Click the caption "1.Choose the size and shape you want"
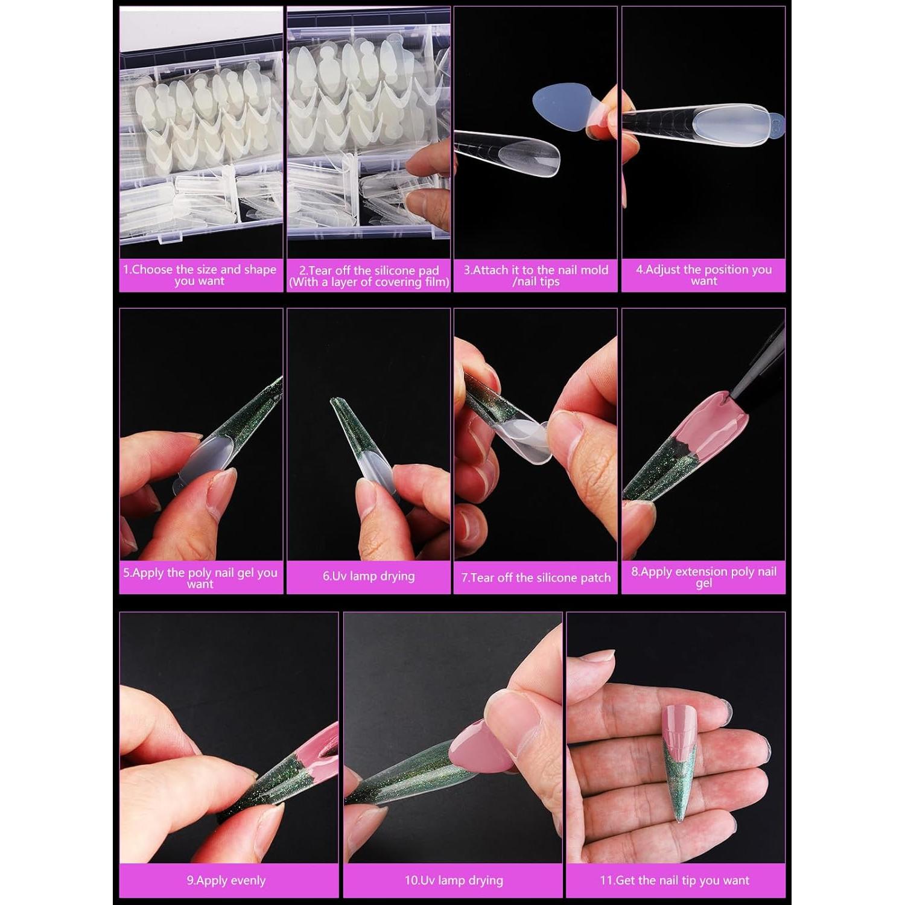tap(200, 275)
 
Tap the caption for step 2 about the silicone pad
tap(369, 276)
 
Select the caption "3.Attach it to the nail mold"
tap(536, 275)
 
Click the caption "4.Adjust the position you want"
tap(703, 275)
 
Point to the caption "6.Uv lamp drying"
tap(369, 576)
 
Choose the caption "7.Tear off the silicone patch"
tap(536, 577)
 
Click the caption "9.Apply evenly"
tap(226, 880)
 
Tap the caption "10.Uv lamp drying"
tap(454, 880)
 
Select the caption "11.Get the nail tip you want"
tap(675, 880)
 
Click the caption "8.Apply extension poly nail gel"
tap(703, 577)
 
